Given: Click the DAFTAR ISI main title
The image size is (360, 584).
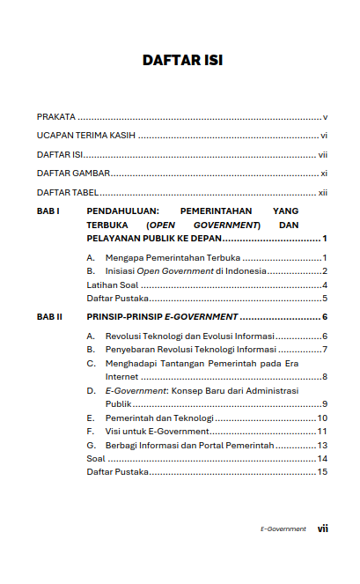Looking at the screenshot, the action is pos(182,61).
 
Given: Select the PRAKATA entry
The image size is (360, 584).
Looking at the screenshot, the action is pos(55,116).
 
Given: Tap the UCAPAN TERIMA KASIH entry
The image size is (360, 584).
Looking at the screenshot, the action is pos(85,136).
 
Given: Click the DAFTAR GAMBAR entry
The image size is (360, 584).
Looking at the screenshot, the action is pos(67,174).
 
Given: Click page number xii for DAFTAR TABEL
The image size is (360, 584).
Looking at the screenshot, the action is pos(323,192).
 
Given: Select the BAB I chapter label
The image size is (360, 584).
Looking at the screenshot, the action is pos(48,211).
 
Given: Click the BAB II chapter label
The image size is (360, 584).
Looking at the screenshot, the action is pos(49,316).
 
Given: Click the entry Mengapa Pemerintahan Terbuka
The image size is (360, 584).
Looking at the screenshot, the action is pos(172,257).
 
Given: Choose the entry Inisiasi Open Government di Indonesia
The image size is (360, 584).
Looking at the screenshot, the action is pos(185,271).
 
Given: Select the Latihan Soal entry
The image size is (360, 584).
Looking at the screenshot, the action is pos(112,285).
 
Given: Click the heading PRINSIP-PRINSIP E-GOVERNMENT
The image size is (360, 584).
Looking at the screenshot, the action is pos(162,316).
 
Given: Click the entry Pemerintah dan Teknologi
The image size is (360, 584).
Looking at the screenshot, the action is pos(158,418).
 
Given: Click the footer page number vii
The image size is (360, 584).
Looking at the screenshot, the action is pos(323,529).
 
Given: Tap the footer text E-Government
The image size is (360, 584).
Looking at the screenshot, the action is pos(283,529).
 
